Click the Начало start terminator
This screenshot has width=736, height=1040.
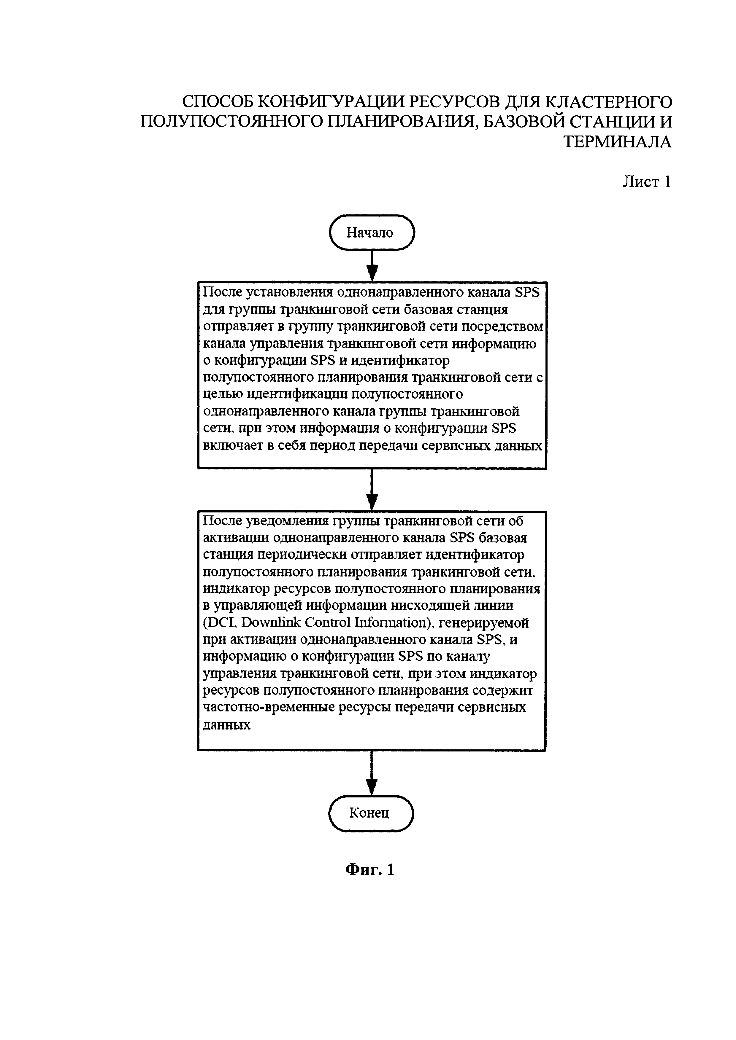(x=372, y=232)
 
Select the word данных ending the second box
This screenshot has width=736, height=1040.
(x=227, y=725)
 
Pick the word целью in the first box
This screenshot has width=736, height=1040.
(x=223, y=394)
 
